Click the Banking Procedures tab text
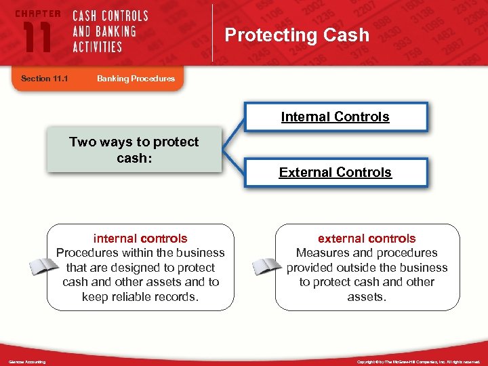click(136, 79)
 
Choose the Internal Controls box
click(335, 117)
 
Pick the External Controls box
click(335, 172)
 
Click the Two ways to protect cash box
click(134, 149)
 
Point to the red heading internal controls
click(140, 239)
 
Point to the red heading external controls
click(367, 239)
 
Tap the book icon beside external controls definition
click(266, 266)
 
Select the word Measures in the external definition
click(322, 253)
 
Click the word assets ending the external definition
click(366, 296)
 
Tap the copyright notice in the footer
click(418, 362)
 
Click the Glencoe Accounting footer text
click(27, 362)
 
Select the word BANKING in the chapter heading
click(115, 31)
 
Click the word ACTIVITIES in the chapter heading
click(97, 47)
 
